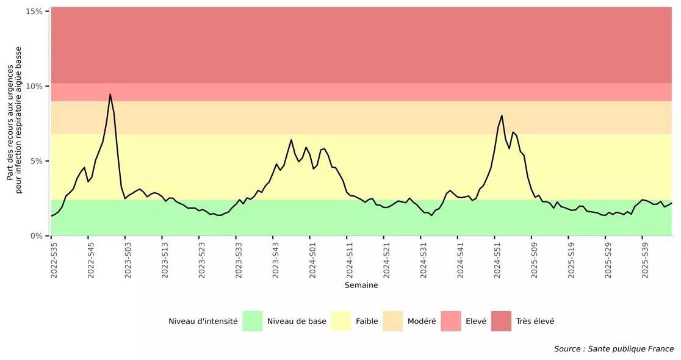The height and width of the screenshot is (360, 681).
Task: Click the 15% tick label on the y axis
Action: click(x=34, y=12)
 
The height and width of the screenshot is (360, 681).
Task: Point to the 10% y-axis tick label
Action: click(x=34, y=86)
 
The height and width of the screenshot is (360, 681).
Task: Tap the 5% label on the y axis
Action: click(x=36, y=161)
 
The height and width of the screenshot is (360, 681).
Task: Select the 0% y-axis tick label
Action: click(x=36, y=236)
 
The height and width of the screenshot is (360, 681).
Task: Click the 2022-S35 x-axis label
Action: click(x=54, y=261)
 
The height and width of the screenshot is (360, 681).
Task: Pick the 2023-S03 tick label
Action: click(x=128, y=261)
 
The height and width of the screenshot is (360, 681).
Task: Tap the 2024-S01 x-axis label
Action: click(x=313, y=261)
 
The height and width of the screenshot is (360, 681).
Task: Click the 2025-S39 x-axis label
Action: click(x=645, y=261)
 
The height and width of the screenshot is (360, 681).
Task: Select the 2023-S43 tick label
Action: click(x=276, y=261)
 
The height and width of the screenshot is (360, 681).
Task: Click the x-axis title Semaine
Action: click(x=361, y=286)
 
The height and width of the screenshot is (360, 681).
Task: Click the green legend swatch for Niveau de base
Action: click(x=252, y=321)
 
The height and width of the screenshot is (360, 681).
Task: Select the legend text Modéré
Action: click(x=422, y=322)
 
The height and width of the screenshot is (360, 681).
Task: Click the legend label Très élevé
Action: click(x=535, y=322)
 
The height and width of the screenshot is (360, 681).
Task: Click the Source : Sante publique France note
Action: click(x=613, y=349)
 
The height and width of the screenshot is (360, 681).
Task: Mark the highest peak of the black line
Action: click(x=110, y=94)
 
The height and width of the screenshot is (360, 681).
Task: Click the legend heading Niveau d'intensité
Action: click(x=203, y=322)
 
